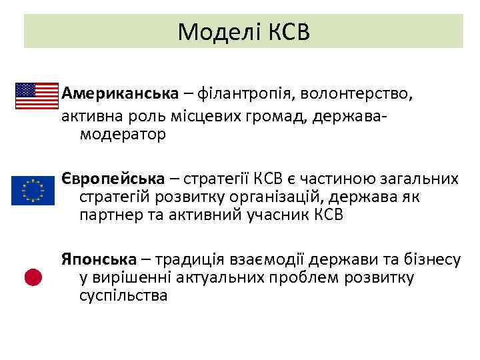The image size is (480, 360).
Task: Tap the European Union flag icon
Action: [33, 191]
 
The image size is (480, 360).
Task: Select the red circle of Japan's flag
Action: [34, 277]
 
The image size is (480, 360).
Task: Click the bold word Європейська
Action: [113, 178]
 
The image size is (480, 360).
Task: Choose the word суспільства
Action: [123, 295]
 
